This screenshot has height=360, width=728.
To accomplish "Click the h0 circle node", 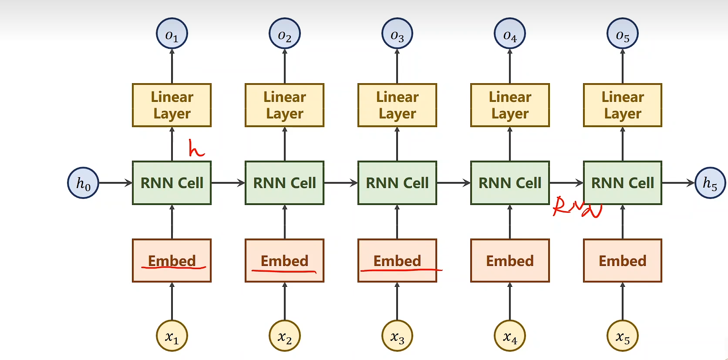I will point(83,183).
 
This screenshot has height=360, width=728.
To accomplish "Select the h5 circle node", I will point(710,183).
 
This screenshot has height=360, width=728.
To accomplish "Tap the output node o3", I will point(397,34).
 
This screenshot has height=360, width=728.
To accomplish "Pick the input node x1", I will point(172,336).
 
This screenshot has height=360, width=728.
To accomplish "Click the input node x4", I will point(510,336).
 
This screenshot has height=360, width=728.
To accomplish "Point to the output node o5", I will point(623,34).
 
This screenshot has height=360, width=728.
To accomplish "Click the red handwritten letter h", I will point(195,148).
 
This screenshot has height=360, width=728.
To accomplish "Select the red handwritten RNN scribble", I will point(577,207).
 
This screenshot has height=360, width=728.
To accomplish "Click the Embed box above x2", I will point(284,260).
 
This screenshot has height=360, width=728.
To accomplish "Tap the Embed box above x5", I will point(623,260).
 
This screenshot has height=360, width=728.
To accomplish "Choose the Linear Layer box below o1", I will point(172,105).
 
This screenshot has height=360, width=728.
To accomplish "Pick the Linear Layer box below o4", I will point(510,105).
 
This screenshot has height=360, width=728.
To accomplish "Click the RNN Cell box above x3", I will point(397,183).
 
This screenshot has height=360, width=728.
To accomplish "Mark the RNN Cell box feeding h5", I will point(623,183).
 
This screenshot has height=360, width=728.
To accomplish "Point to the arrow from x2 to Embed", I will point(285,301).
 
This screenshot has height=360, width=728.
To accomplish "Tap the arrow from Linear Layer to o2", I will point(285,66).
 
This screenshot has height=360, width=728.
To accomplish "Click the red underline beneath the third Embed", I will point(401,270).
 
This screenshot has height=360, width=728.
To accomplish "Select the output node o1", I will point(172,34).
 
